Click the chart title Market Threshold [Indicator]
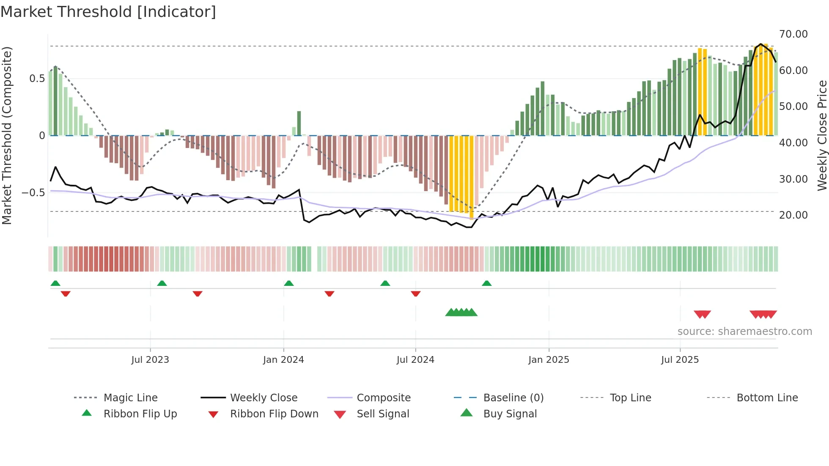pos(108,12)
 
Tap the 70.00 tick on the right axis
pos(793,34)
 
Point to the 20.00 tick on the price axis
pos(793,215)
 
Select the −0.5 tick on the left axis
pos(33,193)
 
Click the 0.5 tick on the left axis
pos(37,79)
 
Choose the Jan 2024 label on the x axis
pos(283,360)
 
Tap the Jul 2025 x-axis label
pos(680,360)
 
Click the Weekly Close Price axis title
pos(822,135)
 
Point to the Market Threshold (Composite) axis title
pos(7,135)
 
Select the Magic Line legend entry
pos(130,398)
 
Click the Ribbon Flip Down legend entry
pos(274,414)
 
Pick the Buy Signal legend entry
pos(510,414)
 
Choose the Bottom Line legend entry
pos(767,398)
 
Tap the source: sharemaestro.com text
pos(744,332)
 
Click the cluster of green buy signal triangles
pos(461,312)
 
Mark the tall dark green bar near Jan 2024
pos(299,123)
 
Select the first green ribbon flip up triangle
pos(55,283)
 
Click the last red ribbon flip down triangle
pos(416,293)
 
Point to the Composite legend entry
pos(383,398)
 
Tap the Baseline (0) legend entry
pos(513,398)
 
